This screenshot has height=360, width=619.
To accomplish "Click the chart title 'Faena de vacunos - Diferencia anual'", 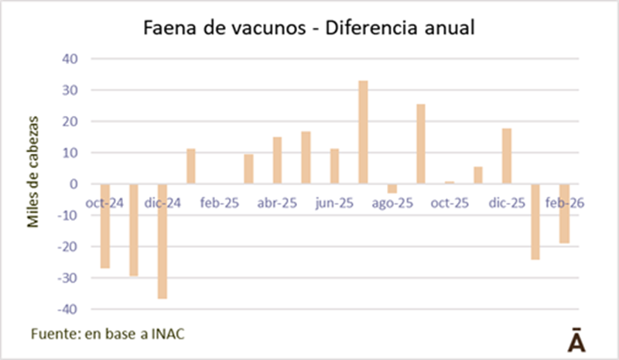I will click(309, 29).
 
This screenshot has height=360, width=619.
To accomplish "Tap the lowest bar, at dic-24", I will click(162, 241).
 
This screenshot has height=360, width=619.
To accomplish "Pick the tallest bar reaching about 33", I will click(363, 132).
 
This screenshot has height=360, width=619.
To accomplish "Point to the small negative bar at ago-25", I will click(392, 188).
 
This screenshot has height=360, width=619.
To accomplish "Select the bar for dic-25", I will click(506, 156).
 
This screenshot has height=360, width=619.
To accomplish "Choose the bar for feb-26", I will click(564, 214).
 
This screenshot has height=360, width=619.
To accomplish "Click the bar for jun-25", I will click(334, 166).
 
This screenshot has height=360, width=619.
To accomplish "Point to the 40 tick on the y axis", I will click(70, 60).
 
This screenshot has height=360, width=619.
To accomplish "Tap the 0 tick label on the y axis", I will click(74, 184).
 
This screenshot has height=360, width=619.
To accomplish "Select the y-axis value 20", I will click(70, 122).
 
